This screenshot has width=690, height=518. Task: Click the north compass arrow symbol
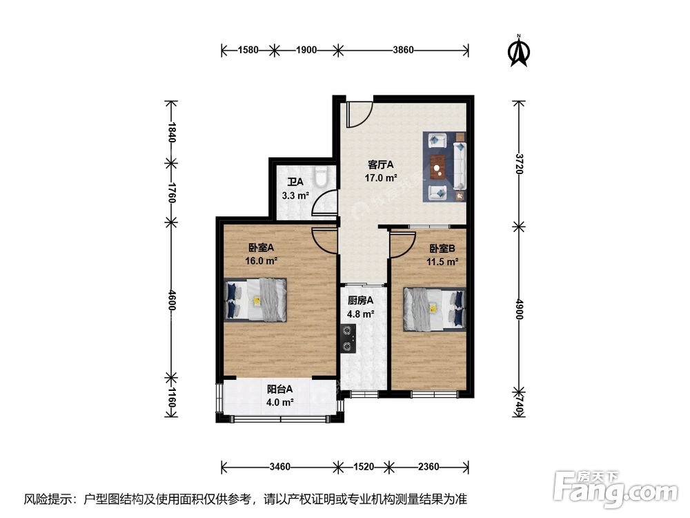(x=520, y=51)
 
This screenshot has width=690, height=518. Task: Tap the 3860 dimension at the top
(x=403, y=50)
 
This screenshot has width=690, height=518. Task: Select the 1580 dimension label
(x=248, y=50)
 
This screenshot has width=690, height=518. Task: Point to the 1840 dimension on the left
(x=172, y=132)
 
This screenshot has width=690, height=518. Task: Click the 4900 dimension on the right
(x=520, y=309)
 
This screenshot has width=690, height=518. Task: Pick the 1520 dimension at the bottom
(x=364, y=466)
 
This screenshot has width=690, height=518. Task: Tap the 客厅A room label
(x=381, y=165)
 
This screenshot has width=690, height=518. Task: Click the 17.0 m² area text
(x=381, y=178)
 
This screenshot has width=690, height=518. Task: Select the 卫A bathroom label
(x=295, y=182)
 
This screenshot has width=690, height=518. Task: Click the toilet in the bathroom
(x=321, y=176)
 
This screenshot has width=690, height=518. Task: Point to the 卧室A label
(x=261, y=247)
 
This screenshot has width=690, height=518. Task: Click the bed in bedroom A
(x=255, y=300)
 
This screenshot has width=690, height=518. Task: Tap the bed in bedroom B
(x=435, y=309)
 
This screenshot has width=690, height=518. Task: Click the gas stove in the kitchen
(x=348, y=338)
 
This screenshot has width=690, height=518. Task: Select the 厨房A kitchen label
(x=360, y=301)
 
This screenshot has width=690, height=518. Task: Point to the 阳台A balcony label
(x=280, y=390)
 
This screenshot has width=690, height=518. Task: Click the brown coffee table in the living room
(x=438, y=167)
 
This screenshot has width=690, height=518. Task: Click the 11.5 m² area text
(x=442, y=262)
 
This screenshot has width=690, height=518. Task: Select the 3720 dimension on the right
(x=520, y=164)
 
